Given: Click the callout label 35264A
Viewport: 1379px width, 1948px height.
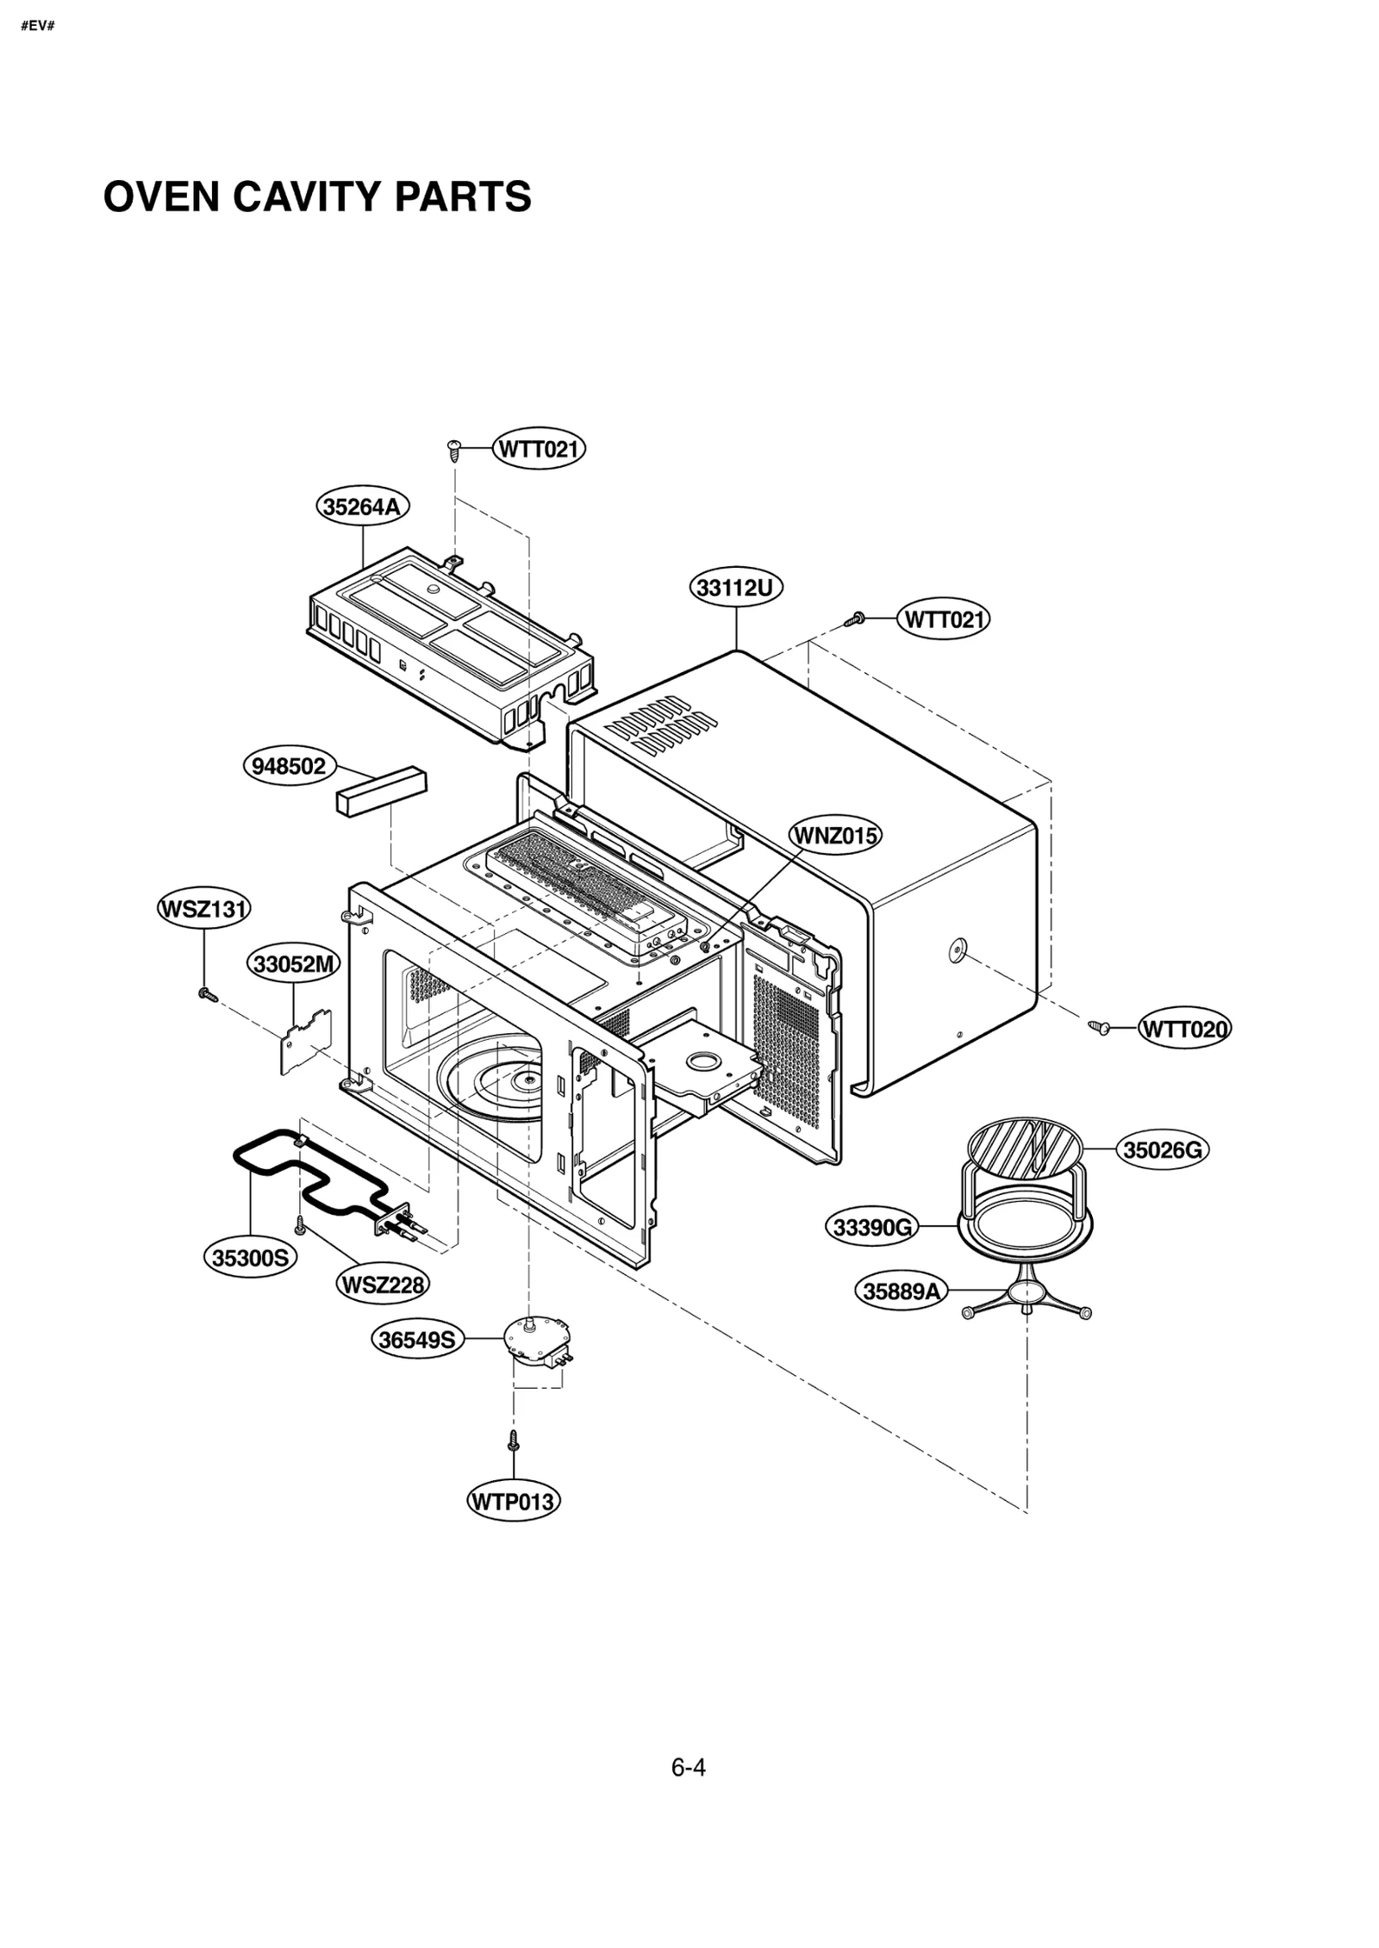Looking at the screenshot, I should [x=362, y=507].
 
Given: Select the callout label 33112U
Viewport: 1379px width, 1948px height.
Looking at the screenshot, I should [x=735, y=588].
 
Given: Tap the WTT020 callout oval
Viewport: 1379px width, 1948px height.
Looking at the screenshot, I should [x=1184, y=1029].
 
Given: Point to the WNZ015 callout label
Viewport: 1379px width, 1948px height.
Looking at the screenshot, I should [x=835, y=836].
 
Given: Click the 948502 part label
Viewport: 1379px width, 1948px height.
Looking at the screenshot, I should [x=290, y=766].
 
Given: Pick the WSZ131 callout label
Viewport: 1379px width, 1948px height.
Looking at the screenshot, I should [x=204, y=909].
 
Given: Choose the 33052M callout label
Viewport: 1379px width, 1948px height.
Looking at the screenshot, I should [x=294, y=964].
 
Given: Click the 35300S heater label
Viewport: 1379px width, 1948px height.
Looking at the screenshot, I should [x=251, y=1258].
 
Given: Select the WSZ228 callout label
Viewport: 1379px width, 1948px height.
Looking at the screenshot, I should [x=383, y=1285].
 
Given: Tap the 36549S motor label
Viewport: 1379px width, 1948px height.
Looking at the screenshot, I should [x=418, y=1340].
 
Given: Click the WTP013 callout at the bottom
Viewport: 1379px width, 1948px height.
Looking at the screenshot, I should [x=514, y=1503].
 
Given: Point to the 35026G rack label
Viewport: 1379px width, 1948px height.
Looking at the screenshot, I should [x=1162, y=1150].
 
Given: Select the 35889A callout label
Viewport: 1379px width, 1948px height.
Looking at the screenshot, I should [x=902, y=1291].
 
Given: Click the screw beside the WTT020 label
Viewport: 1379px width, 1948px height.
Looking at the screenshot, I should [x=1098, y=1027].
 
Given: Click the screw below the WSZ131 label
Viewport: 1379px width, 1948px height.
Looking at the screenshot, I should [x=205, y=994].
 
